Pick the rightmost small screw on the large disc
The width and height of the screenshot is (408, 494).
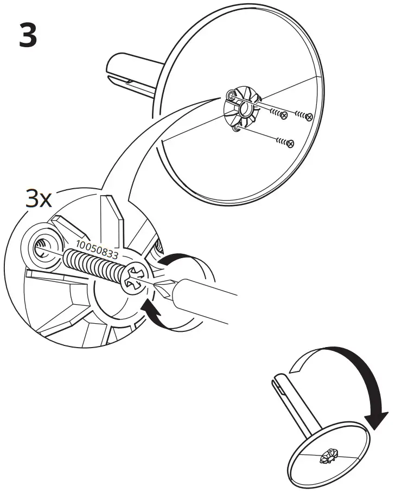(308, 116)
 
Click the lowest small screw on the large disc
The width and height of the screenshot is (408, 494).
(290, 143)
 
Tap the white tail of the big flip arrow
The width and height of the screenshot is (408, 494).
(301, 366)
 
